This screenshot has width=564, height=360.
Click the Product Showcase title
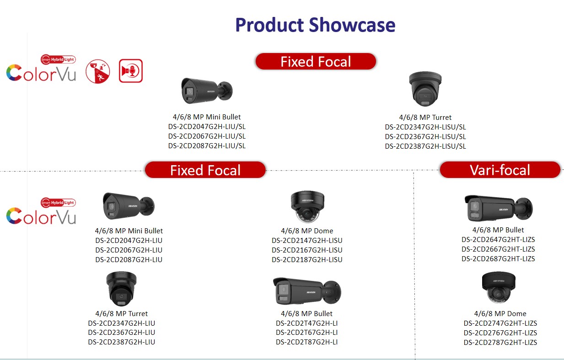315,25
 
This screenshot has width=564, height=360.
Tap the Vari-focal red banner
500,170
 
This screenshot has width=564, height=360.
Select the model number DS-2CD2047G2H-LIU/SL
207,127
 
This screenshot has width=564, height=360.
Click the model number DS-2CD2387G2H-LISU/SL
425,146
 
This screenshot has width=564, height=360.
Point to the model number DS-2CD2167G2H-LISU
307,250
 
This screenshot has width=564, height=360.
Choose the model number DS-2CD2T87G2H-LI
306,342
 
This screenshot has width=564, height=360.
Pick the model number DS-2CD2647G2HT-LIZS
498,239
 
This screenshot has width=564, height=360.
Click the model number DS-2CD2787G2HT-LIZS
500,342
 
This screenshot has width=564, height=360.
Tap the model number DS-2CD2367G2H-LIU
121,333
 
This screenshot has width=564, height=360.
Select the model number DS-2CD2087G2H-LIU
129,259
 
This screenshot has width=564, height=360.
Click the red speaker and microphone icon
131,71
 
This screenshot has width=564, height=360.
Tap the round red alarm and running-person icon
98,71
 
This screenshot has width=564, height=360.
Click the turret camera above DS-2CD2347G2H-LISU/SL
425,89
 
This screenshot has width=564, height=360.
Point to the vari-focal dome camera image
499,287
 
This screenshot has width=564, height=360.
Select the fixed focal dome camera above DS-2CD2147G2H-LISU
307,207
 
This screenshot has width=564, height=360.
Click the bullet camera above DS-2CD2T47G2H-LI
307,291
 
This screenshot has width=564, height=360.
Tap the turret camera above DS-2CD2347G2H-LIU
121,289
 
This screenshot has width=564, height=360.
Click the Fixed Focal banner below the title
316,61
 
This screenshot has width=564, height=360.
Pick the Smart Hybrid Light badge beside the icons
58,59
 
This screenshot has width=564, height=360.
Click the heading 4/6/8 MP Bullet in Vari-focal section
498,230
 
